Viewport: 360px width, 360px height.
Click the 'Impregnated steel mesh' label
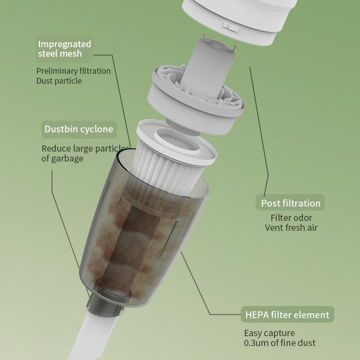64,49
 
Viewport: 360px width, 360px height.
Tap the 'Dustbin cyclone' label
79,129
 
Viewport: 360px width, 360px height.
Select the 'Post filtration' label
290,203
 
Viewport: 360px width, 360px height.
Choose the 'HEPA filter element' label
287,315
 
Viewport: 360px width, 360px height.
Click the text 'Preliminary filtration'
73,71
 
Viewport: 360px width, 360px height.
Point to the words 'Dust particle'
59,81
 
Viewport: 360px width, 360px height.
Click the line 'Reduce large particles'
85,149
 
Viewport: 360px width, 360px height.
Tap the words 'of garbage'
63,159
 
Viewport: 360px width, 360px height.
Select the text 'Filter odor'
291,218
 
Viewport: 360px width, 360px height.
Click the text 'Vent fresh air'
291,228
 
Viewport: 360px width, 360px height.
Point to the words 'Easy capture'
270,333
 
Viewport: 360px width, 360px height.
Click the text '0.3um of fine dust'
279,343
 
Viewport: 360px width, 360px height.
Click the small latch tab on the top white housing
230,27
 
